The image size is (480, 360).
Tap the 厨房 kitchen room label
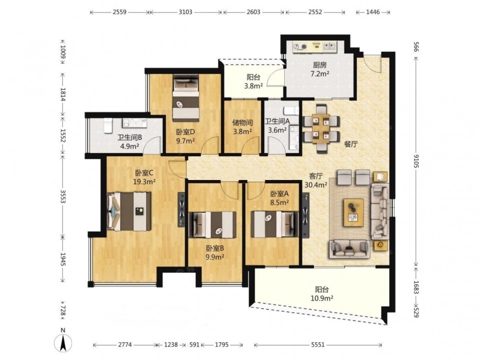click(x=320, y=65)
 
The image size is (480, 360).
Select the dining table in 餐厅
click(x=321, y=129)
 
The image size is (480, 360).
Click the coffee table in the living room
click(x=354, y=213)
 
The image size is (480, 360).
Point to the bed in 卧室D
click(x=186, y=97)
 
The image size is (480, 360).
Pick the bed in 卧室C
click(x=129, y=211)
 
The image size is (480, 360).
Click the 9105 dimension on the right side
click(x=416, y=160)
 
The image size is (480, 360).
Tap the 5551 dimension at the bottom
click(x=318, y=345)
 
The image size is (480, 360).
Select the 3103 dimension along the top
click(x=185, y=12)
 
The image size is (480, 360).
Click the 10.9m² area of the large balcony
click(x=323, y=298)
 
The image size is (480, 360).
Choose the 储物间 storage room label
click(x=242, y=123)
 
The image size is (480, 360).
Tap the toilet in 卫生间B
click(x=108, y=126)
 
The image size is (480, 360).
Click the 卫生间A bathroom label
click(x=277, y=121)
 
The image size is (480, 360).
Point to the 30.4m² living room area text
click(x=316, y=185)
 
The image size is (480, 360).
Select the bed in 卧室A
click(x=275, y=224)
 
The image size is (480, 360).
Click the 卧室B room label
click(x=215, y=248)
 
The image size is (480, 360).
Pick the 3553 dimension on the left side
click(x=63, y=196)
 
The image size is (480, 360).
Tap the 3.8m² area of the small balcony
click(x=253, y=86)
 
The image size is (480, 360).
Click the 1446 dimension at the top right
click(x=373, y=12)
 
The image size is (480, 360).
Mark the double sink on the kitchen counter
click(x=329, y=46)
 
